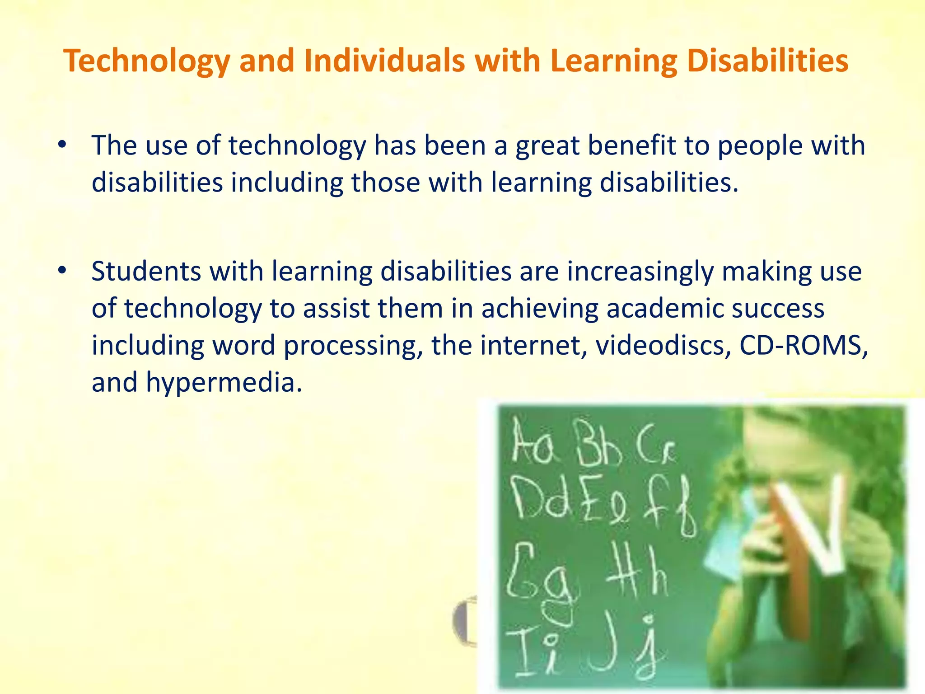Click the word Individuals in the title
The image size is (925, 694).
(384, 61)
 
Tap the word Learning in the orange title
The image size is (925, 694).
(614, 61)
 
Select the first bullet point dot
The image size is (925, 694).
(62, 145)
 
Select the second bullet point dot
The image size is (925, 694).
(62, 270)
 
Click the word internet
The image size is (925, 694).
(533, 345)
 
